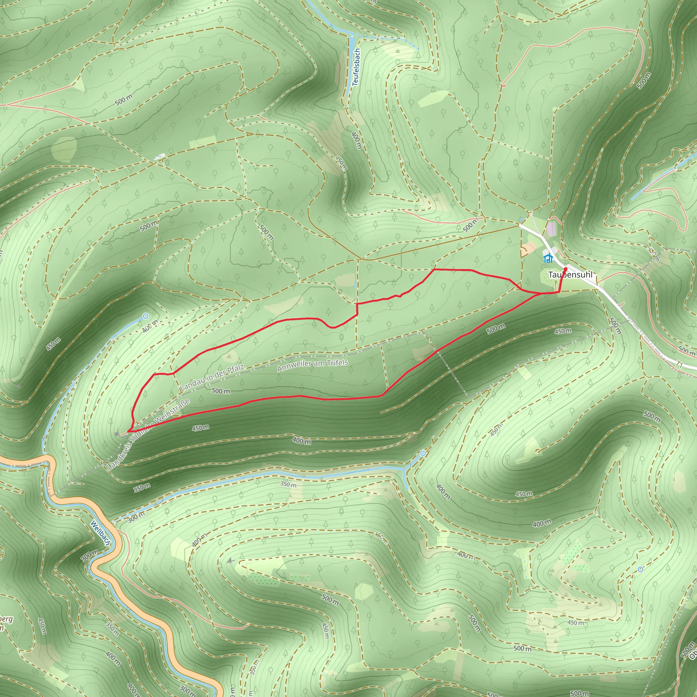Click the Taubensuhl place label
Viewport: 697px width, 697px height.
(570, 275)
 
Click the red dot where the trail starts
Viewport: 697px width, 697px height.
(565, 269)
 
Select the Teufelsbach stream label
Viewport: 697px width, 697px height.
(356, 67)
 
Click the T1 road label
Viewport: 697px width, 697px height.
(680, 365)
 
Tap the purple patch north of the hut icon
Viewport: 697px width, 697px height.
(552, 229)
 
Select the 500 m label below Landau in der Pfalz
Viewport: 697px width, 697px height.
(221, 391)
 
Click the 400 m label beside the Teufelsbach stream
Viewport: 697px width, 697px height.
(356, 140)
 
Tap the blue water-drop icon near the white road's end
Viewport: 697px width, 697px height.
(520, 219)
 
